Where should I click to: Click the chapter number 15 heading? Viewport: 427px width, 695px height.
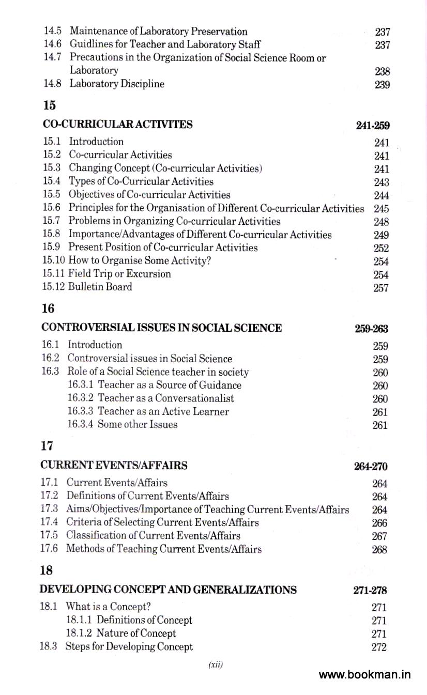coord(49,105)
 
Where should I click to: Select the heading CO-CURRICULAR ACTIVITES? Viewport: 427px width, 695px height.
coord(117,124)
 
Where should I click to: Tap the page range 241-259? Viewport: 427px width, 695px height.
coord(373,126)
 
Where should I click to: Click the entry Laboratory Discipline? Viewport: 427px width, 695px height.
coord(117,84)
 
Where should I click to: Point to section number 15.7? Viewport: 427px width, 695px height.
coord(52,221)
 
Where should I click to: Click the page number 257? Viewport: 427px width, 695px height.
coord(380,288)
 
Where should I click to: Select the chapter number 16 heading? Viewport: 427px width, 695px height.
coord(48,309)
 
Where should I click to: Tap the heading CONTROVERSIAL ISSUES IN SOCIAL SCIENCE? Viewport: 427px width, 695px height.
coord(161,328)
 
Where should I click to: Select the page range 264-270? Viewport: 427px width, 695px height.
coord(371,467)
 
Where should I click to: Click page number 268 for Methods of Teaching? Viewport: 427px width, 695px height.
coord(379,550)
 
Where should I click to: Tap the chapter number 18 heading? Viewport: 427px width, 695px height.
coord(48,570)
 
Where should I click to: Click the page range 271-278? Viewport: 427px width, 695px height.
coord(371,591)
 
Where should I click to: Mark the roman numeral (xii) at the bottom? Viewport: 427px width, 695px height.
coord(215,665)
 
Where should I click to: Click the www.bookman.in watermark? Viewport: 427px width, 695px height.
coord(365,675)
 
